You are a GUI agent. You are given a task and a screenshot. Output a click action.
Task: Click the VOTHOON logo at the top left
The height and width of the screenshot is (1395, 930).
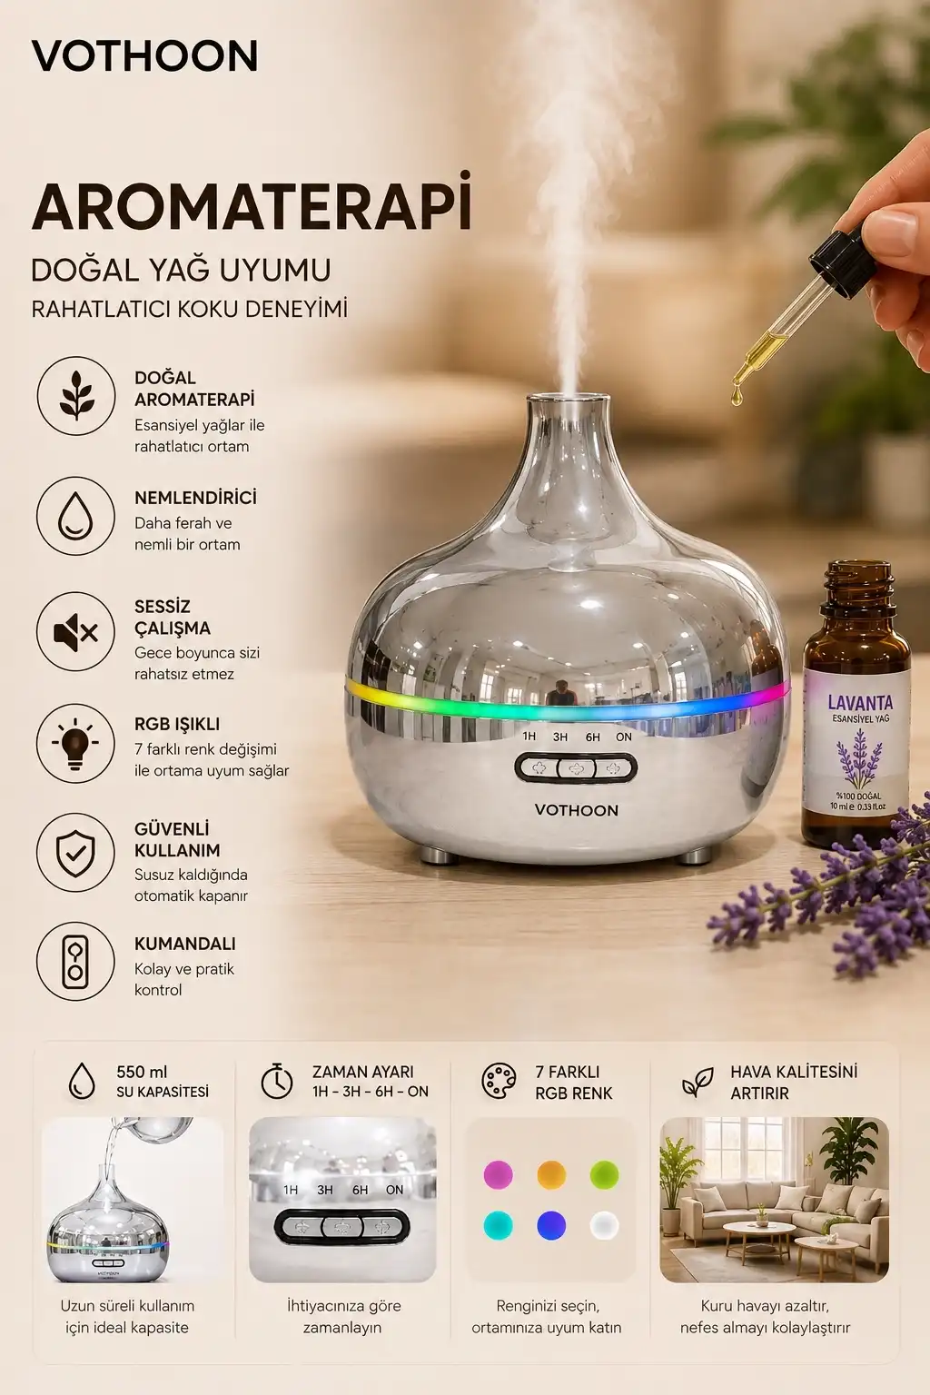[144, 56]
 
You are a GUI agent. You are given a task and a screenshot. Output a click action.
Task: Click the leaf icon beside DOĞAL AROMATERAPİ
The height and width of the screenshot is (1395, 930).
[76, 395]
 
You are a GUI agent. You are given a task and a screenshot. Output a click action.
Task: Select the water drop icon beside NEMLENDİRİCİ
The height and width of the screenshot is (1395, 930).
[76, 516]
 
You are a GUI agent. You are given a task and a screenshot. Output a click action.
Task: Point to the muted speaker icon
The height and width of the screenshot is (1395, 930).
[76, 631]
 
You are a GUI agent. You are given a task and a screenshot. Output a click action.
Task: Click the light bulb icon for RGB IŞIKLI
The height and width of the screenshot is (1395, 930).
[76, 744]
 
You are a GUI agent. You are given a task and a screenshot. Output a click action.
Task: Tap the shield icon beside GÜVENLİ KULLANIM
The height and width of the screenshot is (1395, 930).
[76, 852]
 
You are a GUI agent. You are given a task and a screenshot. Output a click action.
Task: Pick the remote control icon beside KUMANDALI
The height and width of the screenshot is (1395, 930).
[76, 962]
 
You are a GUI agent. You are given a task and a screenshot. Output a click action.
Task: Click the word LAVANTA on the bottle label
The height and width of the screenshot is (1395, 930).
[860, 703]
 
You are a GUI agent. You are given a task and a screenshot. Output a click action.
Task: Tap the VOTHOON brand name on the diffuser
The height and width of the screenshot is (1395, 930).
[576, 810]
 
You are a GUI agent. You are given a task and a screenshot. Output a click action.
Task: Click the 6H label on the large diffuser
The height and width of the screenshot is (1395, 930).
[592, 737]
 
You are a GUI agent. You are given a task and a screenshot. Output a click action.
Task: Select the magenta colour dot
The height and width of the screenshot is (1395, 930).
[499, 1175]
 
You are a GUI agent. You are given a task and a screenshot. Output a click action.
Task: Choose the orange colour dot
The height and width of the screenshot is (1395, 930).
[551, 1175]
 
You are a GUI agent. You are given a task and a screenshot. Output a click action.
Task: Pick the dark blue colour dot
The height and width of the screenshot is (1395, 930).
[551, 1226]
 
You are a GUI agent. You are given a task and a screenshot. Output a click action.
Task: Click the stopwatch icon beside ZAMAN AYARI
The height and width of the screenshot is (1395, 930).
[277, 1081]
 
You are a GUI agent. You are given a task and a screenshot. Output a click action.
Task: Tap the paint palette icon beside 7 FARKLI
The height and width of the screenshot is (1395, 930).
[499, 1081]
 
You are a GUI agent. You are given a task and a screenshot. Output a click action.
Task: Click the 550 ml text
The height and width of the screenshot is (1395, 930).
[142, 1072]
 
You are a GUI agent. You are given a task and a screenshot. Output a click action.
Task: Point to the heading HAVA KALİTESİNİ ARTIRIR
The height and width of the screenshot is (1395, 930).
[794, 1082]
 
